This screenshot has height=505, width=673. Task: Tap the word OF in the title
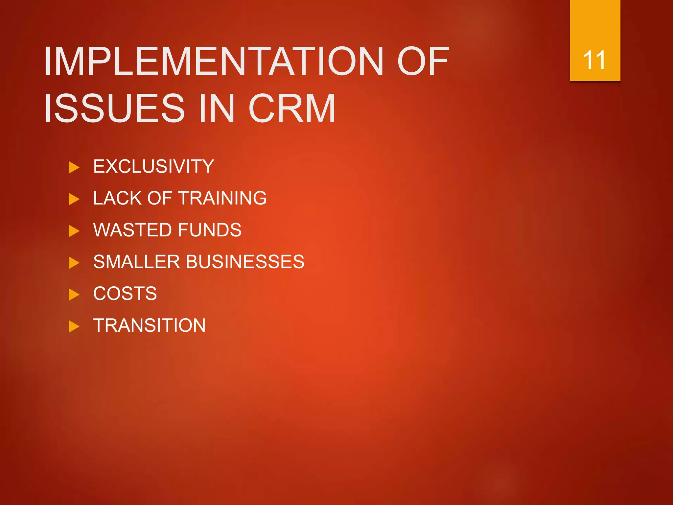[423, 61]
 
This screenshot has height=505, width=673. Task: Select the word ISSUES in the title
[115, 108]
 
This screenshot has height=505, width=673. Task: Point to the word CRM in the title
[292, 108]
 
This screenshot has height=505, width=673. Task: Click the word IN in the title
[217, 108]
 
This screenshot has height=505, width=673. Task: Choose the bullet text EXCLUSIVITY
[153, 166]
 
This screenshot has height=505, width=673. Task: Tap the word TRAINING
[223, 198]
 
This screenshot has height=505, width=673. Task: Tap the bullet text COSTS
[125, 294]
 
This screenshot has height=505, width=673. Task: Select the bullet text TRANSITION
[149, 325]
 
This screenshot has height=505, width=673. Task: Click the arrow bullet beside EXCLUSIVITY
[74, 167]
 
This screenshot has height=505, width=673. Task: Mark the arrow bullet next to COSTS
[74, 295]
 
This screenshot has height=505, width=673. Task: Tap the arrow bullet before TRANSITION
[74, 326]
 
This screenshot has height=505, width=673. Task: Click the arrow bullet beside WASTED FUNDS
[74, 231]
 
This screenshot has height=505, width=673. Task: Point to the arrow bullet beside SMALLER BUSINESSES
[74, 263]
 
